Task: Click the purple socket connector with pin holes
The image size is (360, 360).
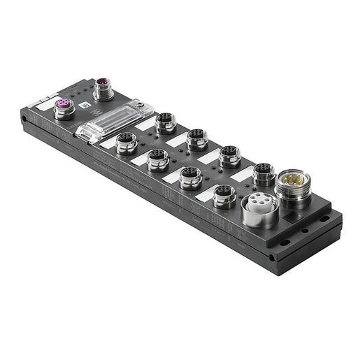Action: point(64,109)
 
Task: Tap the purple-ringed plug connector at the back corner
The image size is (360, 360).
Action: point(103,89)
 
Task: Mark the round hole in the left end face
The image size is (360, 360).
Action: point(26,120)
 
